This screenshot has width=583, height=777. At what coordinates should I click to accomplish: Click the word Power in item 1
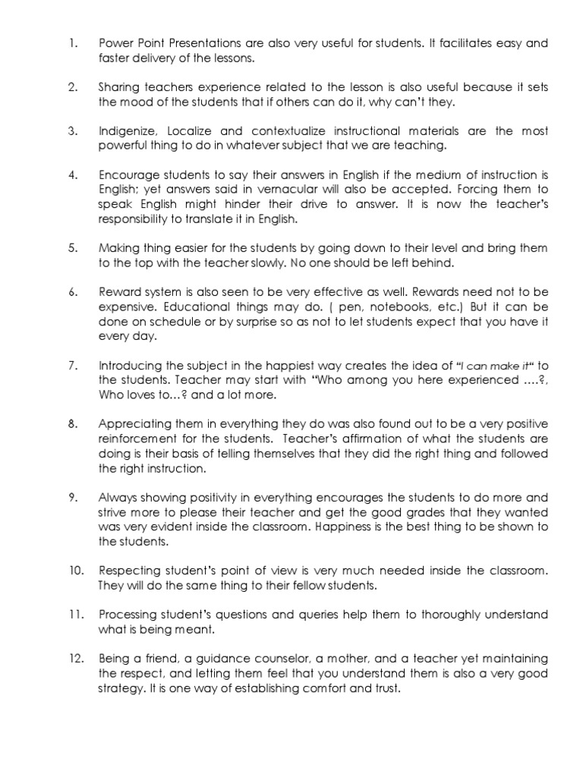(x=114, y=43)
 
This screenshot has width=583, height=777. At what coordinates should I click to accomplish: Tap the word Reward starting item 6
(x=118, y=292)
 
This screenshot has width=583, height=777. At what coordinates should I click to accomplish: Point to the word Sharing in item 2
(x=117, y=87)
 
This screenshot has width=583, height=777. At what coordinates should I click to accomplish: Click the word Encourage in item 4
(x=128, y=175)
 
